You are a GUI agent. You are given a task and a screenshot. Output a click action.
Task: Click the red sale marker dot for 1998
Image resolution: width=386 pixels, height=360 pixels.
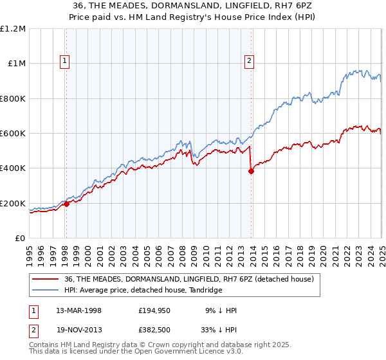point(66,204)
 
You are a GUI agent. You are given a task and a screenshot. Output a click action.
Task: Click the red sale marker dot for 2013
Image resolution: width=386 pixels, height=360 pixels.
point(251,171)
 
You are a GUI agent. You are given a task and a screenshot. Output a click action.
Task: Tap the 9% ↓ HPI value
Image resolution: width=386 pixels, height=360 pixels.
point(221,310)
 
